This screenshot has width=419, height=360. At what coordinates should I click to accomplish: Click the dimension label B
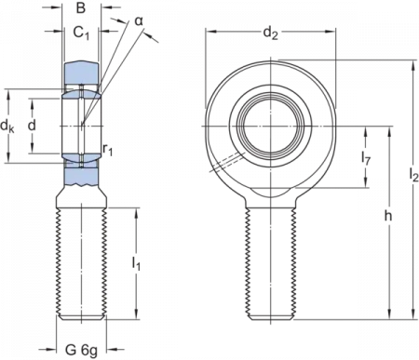[x=81, y=7]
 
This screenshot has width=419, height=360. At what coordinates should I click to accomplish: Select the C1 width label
[x=81, y=33]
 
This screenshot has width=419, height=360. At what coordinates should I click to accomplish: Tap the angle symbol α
[x=139, y=21]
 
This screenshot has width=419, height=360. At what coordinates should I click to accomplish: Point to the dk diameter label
[x=7, y=127]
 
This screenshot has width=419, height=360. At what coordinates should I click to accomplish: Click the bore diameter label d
[x=32, y=126]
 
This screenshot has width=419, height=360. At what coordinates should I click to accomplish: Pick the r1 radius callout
[x=108, y=150]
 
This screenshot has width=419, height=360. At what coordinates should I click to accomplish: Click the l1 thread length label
[x=136, y=263]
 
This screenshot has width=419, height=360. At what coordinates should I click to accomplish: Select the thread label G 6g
[x=81, y=350]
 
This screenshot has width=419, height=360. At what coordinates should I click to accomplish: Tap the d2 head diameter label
[x=270, y=33]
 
